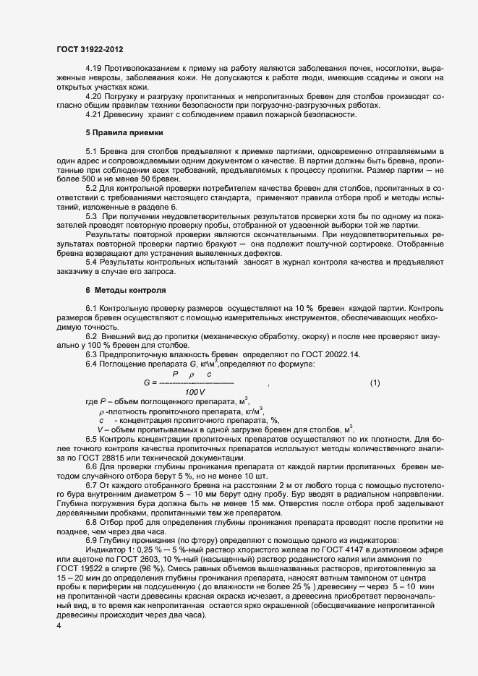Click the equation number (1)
coord(375,382)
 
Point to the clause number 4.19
coord(93,68)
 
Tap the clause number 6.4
coord(91,364)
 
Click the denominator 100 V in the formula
coord(195,391)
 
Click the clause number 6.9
coord(91,542)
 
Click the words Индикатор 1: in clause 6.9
coord(108,551)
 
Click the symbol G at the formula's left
coord(148,382)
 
